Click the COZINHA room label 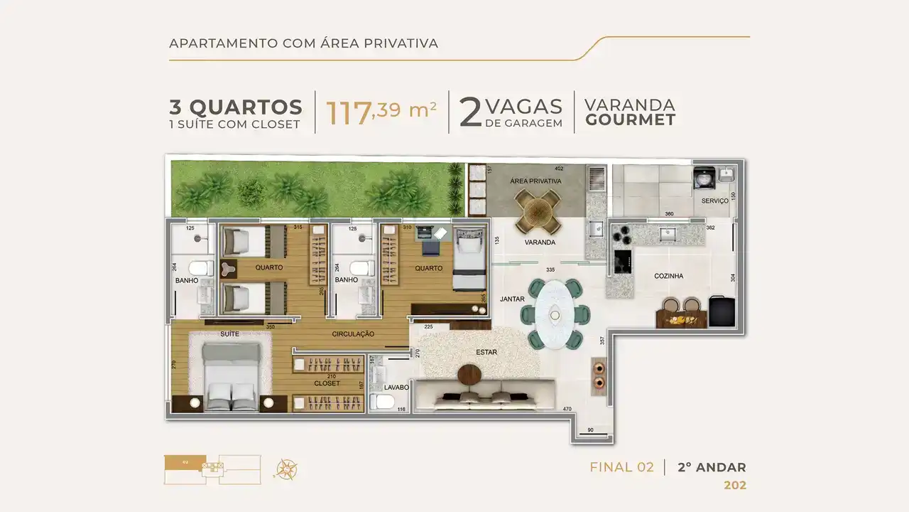pos(668,276)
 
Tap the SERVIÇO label pos(714,201)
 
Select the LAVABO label pos(396,388)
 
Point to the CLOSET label pos(327,383)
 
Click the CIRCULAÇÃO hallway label pos(353,334)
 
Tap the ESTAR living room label pos(486,352)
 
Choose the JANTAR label pos(511,300)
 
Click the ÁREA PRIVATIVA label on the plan pos(535,181)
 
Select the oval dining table pos(553,314)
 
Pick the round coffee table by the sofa pos(470,374)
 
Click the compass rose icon pos(286,469)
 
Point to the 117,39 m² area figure pos(381,112)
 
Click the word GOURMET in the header pos(629,120)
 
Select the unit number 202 pos(734,486)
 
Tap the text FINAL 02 pos(621,467)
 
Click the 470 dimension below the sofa pos(567,409)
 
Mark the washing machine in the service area pos(704,178)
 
